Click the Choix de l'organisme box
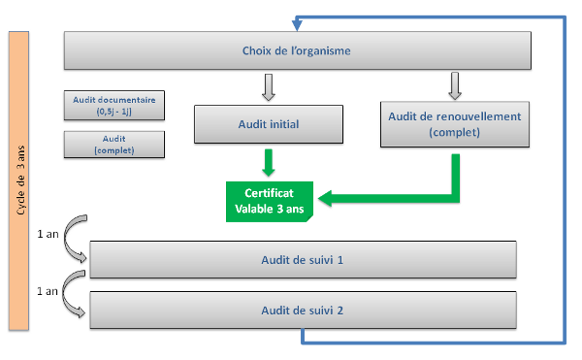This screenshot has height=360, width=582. [297, 50]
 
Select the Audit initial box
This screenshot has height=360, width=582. [269, 124]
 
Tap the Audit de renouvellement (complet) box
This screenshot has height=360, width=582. [454, 123]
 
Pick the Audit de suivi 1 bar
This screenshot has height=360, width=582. [302, 260]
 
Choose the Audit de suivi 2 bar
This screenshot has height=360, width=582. [302, 311]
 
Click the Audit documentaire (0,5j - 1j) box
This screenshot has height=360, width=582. [114, 105]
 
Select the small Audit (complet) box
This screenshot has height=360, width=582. [114, 145]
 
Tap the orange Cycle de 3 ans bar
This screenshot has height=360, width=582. [16, 180]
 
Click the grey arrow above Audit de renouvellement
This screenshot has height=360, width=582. [454, 84]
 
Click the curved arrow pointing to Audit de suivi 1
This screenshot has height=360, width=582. [71, 248]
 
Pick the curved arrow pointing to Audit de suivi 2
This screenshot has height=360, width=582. [71, 299]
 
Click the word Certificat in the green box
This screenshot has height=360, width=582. [269, 193]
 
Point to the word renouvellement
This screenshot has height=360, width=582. [476, 116]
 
